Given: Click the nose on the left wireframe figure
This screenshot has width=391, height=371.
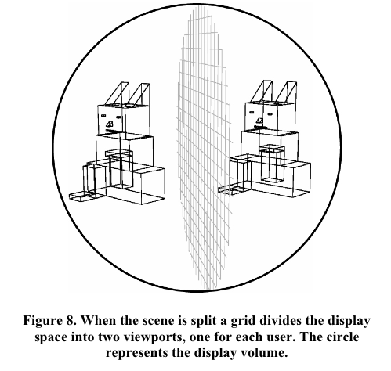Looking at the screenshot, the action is coord(110,124).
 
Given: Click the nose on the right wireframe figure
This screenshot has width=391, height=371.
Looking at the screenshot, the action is coord(259,121).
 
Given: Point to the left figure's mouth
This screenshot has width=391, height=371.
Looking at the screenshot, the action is coord(112,131).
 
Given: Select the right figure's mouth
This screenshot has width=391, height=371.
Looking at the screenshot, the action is coord(260,128).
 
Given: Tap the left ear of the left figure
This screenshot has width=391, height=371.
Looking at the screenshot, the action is coord(118,94).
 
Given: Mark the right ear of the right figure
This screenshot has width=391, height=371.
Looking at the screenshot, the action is coord(287,93).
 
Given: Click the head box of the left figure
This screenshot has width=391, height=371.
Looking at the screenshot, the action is coord(124,121).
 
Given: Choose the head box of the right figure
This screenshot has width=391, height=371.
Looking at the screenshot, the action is coord(270,117).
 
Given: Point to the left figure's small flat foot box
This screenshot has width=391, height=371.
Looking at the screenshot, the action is coord(81,196).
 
